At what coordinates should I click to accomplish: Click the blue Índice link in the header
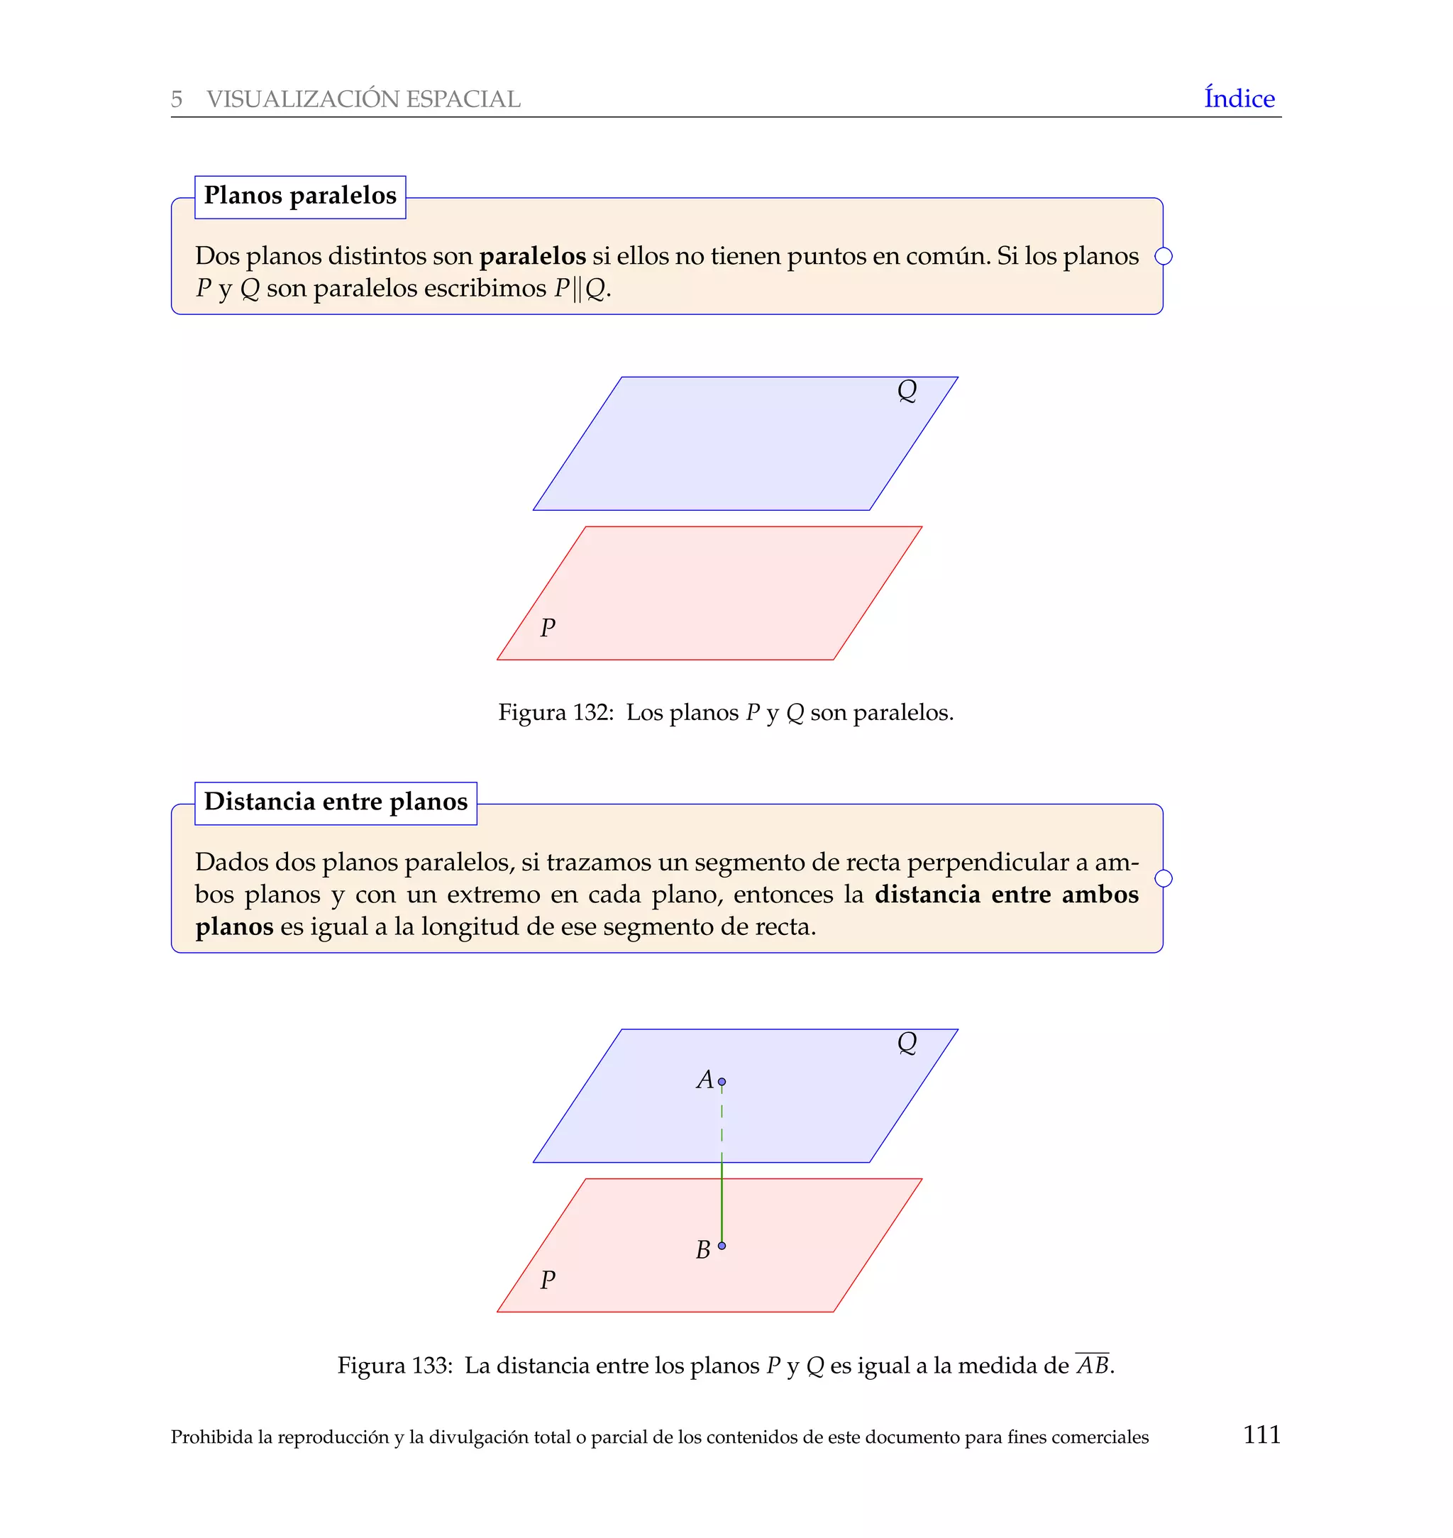click(x=1239, y=99)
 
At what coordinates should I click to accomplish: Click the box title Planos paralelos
click(x=299, y=196)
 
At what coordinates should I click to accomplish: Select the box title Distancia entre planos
click(x=336, y=802)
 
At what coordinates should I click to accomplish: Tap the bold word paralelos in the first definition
click(x=532, y=255)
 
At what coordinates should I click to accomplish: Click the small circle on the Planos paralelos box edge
click(x=1163, y=256)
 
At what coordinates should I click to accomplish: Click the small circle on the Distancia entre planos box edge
click(x=1163, y=878)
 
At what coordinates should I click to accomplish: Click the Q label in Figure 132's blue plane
click(x=906, y=390)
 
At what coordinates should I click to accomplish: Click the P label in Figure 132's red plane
click(x=548, y=627)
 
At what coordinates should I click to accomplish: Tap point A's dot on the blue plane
click(x=722, y=1082)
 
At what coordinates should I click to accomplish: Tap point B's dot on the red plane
click(x=722, y=1245)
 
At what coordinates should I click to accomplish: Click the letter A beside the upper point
click(x=704, y=1080)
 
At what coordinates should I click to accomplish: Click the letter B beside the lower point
click(x=702, y=1250)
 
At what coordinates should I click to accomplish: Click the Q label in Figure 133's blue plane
click(x=906, y=1042)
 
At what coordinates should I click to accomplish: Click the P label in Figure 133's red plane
click(x=548, y=1279)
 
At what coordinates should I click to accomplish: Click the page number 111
click(x=1261, y=1434)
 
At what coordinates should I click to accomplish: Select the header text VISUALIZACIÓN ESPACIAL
click(x=363, y=99)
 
